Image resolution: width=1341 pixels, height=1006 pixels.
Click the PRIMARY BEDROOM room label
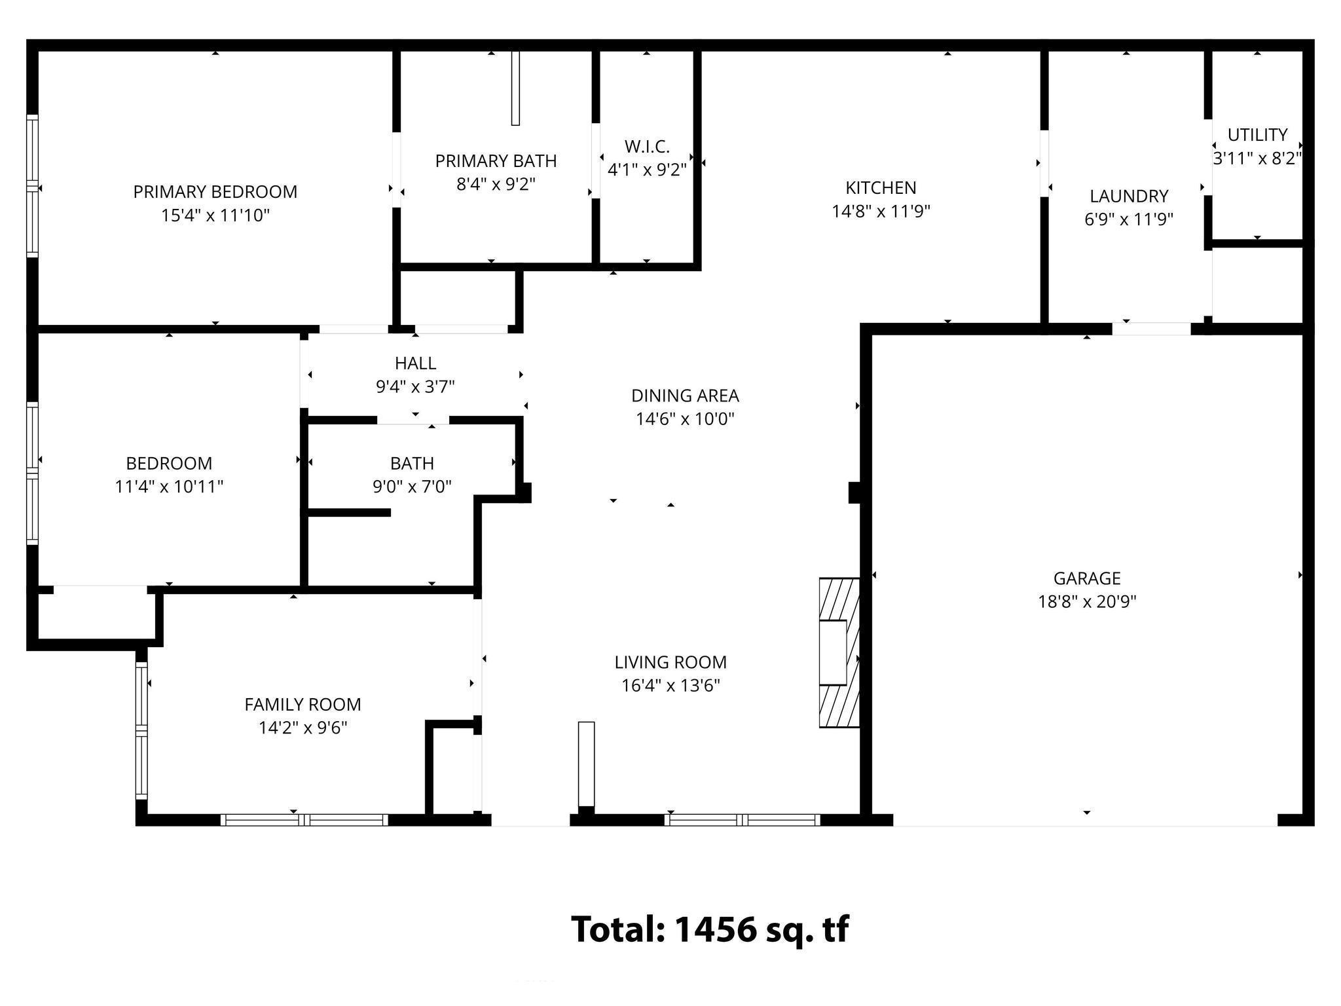[x=215, y=192]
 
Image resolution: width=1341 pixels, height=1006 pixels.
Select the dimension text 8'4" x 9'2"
[x=496, y=185]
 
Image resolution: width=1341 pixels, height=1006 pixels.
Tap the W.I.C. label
[x=646, y=147]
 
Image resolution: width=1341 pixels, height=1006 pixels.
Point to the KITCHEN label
[x=881, y=188]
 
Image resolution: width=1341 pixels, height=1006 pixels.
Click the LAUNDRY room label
[x=1129, y=196]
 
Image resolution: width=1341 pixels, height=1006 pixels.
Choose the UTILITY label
[x=1257, y=135]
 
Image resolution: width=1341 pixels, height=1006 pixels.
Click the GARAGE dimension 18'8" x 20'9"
[x=1087, y=602]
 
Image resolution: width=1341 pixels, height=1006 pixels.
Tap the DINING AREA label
[x=685, y=396]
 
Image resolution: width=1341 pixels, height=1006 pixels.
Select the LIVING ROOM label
[x=670, y=662]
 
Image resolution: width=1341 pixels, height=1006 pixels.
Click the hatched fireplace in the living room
[x=839, y=652]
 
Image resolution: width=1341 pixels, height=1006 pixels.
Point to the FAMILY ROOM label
[x=303, y=705]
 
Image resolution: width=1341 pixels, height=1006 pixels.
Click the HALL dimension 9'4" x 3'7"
[x=415, y=387]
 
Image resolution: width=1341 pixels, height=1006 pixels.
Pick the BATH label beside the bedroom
[x=412, y=464]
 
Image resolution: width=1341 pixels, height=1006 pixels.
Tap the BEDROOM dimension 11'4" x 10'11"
[x=169, y=487]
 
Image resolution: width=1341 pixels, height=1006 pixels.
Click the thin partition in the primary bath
[x=515, y=88]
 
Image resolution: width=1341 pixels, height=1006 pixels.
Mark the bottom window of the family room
[x=304, y=819]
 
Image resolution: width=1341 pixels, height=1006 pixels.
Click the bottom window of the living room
[x=742, y=819]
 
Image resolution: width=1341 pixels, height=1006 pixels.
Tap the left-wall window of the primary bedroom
[x=31, y=186]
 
